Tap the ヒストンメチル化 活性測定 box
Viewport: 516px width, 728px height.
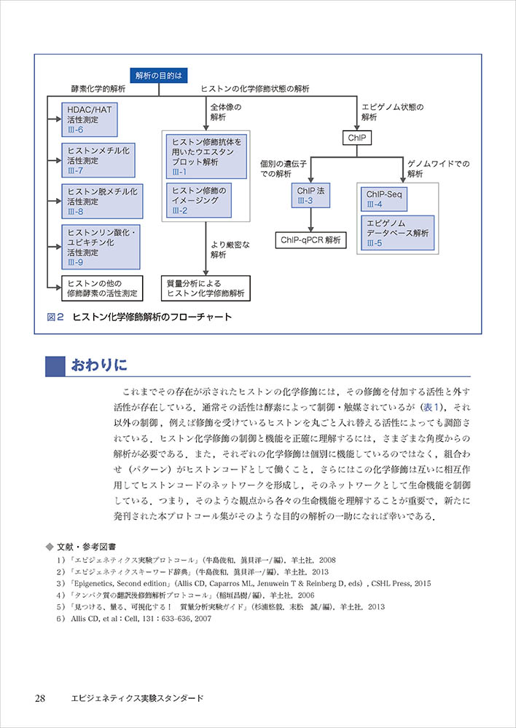click(100, 159)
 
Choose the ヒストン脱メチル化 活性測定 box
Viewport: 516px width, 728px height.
click(100, 200)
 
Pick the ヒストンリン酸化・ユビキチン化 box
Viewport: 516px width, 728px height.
click(100, 245)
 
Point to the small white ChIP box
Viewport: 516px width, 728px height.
click(356, 137)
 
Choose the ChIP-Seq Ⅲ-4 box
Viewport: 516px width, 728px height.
click(386, 199)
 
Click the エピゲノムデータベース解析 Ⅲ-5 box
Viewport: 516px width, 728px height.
click(396, 232)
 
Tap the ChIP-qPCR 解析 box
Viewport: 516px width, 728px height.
click(310, 239)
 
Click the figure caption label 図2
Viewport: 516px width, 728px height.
click(55, 317)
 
